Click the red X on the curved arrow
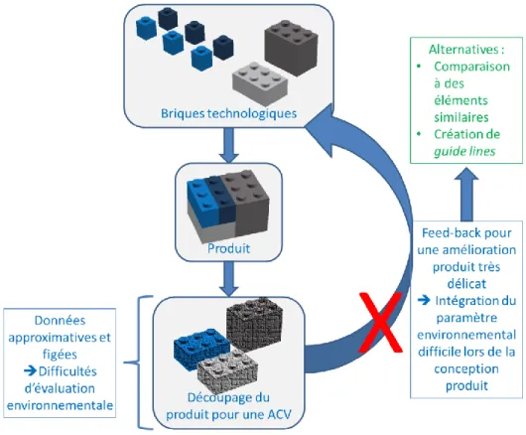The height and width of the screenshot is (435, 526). (381, 322)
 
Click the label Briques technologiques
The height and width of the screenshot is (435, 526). (229, 113)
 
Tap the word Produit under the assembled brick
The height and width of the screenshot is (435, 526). (229, 248)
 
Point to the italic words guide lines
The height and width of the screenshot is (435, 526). (464, 151)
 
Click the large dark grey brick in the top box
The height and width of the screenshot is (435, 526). (291, 47)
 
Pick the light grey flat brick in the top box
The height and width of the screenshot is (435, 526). (260, 79)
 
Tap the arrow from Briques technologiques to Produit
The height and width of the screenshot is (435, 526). (229, 145)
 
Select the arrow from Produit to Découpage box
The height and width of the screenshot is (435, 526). (229, 279)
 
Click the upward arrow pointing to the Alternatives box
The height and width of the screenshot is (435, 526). (466, 194)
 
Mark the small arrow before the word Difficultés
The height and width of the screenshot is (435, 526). (30, 370)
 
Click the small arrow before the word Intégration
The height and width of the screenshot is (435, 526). (424, 300)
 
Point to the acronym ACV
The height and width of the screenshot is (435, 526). (280, 414)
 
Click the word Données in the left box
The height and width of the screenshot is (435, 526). (61, 320)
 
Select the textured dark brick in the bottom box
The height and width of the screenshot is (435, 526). (254, 324)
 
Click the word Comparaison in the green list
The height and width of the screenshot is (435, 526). (471, 67)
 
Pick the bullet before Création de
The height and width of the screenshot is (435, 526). (419, 134)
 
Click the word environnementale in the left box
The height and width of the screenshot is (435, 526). (60, 405)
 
